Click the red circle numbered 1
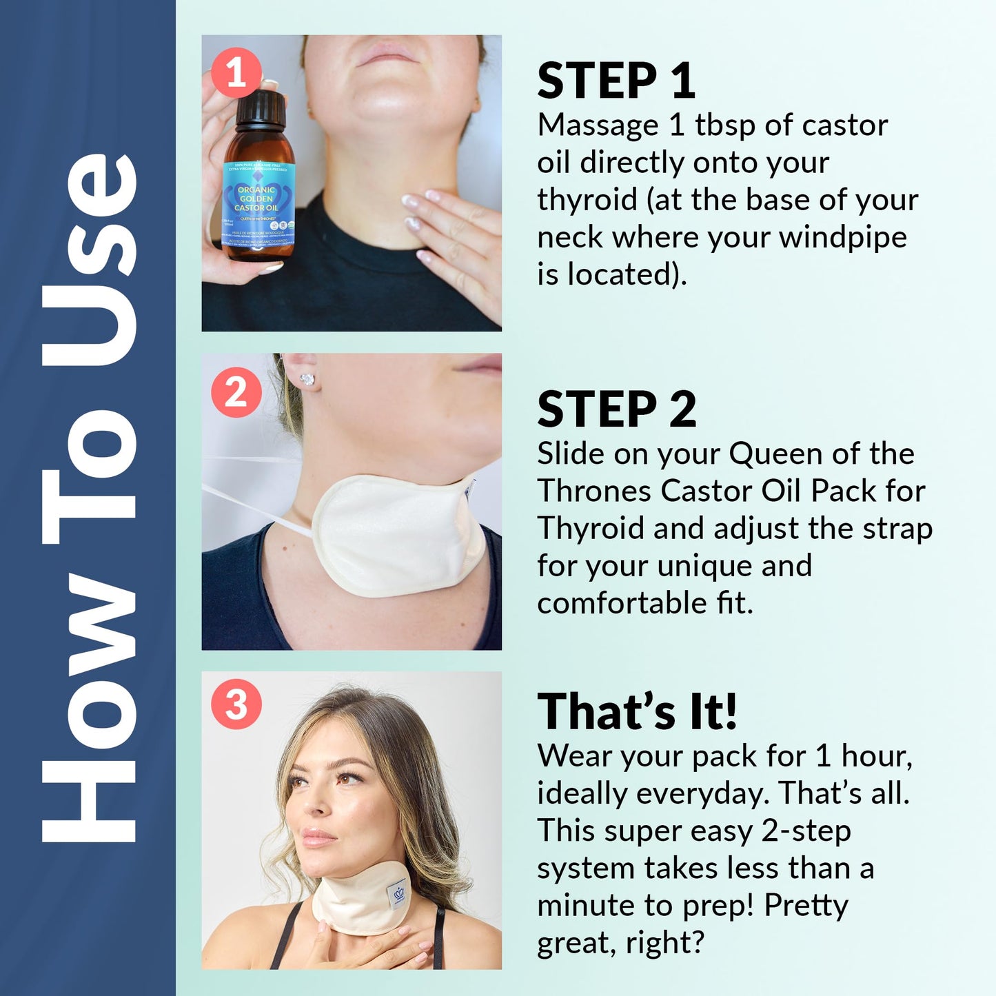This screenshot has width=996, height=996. tap(236, 72)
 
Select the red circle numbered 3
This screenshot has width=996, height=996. tap(236, 704)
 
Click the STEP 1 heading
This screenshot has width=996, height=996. tap(616, 81)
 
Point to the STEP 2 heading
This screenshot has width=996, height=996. tap(616, 409)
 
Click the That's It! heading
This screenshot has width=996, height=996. tap(637, 711)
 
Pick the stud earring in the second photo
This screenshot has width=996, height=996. tap(307, 380)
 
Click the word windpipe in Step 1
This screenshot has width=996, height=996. tap(842, 237)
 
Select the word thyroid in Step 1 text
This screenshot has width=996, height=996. tap(587, 201)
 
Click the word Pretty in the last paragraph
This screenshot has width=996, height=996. tap(806, 906)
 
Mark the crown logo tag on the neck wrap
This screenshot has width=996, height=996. tap(398, 895)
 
